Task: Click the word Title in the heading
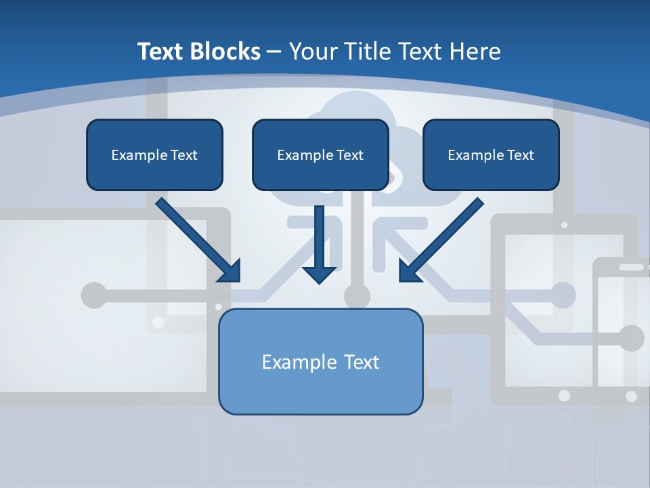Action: (x=364, y=52)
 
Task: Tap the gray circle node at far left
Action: (x=94, y=295)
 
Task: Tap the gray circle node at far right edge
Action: (x=631, y=338)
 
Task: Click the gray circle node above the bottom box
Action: (x=357, y=296)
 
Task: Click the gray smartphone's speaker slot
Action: (x=631, y=267)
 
